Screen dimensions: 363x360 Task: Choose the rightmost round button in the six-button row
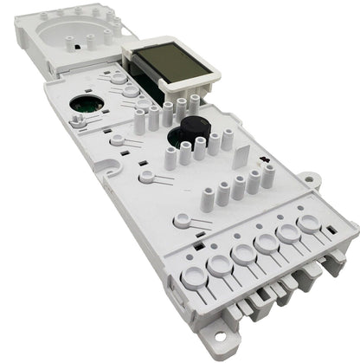[307, 225]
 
